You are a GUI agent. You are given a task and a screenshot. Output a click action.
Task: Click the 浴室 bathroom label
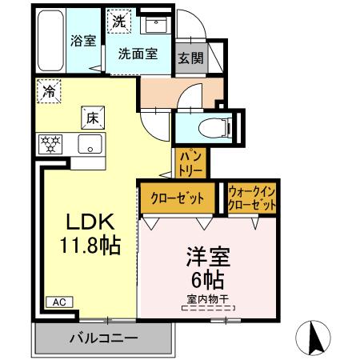pyautogui.click(x=82, y=41)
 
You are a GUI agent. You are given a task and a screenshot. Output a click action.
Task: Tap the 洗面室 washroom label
pyautogui.click(x=138, y=54)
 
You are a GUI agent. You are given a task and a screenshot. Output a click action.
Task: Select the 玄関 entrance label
pyautogui.click(x=190, y=58)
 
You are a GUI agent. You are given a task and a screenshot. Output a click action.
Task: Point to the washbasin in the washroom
pyautogui.click(x=152, y=25)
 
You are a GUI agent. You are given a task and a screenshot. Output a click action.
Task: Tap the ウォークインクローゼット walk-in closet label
pyautogui.click(x=252, y=198)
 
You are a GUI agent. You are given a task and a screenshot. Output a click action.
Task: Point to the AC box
pyautogui.click(x=58, y=302)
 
